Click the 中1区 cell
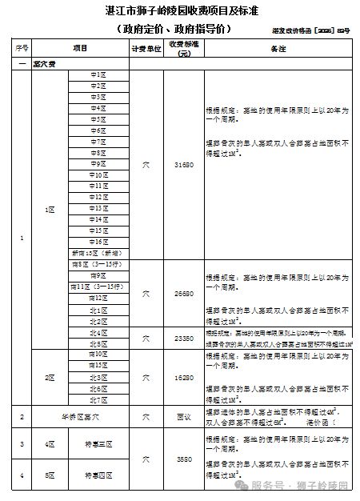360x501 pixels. coord(98,74)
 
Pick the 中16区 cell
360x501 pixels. coord(98,241)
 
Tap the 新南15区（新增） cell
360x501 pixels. coord(98,253)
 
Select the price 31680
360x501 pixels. coord(185,164)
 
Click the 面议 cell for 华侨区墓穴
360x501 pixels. coord(185,417)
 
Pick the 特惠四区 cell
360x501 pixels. coord(98,476)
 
